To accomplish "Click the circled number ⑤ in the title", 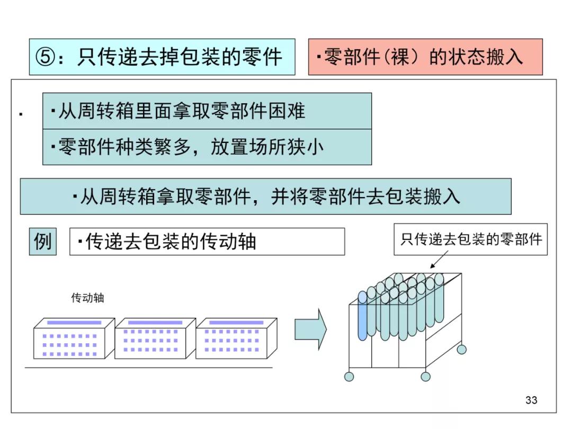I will click(46, 57).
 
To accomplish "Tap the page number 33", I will click(531, 400).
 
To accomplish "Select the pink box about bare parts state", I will click(425, 57).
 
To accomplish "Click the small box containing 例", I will click(42, 242).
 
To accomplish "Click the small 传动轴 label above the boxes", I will click(88, 298).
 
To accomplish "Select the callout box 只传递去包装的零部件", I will click(470, 239).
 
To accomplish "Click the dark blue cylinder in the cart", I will click(362, 316).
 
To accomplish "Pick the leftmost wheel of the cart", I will click(349, 377).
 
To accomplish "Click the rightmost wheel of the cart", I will click(462, 349).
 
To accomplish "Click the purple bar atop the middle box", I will click(155, 322).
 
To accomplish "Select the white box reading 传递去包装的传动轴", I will click(207, 242).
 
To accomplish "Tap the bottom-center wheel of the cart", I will click(425, 377).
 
